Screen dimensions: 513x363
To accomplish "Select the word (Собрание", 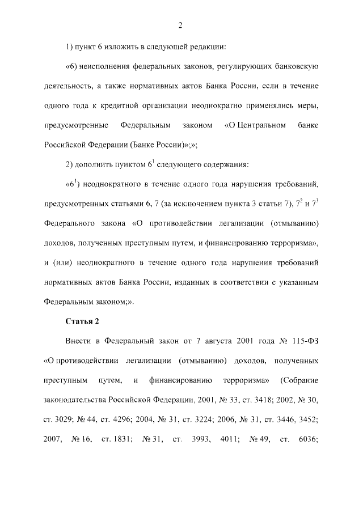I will [x=299, y=380].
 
